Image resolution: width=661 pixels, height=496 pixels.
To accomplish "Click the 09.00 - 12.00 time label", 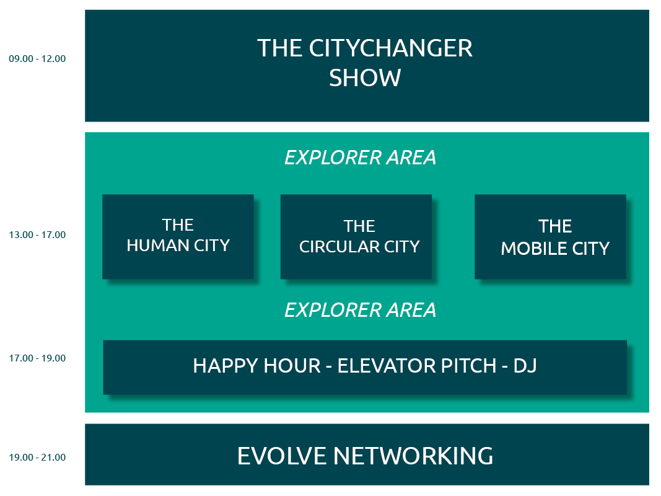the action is (37, 59).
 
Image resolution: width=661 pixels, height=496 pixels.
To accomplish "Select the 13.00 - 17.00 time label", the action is (37, 234).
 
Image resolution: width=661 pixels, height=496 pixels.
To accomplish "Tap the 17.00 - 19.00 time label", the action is (37, 358).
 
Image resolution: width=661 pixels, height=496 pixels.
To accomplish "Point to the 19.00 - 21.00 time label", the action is (37, 457).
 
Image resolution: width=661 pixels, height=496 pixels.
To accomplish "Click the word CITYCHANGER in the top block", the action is (391, 48).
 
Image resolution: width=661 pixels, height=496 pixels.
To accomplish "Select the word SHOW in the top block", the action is (365, 78).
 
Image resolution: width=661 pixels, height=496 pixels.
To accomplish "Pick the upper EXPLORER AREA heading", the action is (361, 157).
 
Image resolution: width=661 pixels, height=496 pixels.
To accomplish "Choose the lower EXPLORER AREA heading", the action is (361, 311).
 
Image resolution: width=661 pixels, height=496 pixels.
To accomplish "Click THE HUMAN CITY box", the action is (178, 237).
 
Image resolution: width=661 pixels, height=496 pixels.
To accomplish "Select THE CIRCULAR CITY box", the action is (356, 237).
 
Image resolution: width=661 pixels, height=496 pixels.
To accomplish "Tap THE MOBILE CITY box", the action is (550, 237).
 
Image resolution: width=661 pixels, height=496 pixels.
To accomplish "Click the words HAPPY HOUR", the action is (256, 366).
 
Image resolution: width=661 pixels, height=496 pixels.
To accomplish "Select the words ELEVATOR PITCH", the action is (417, 366).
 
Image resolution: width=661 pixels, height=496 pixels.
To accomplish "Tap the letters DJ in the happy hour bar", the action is (525, 366).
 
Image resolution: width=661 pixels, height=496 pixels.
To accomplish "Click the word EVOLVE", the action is (282, 456).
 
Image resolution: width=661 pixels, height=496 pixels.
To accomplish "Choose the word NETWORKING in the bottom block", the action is (413, 456).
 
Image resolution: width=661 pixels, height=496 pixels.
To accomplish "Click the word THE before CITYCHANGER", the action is (280, 48).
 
